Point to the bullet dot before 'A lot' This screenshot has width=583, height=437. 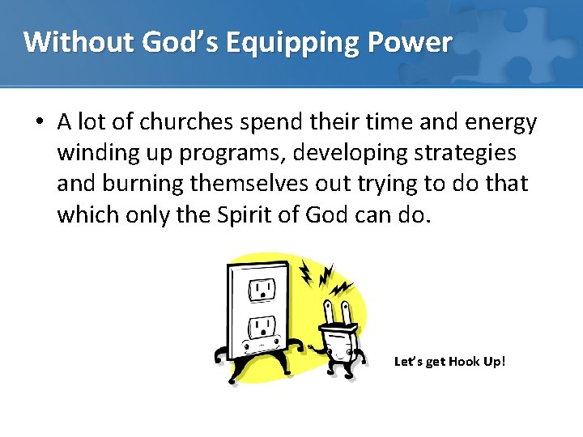[x=39, y=123]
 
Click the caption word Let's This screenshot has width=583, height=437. [x=406, y=361]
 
